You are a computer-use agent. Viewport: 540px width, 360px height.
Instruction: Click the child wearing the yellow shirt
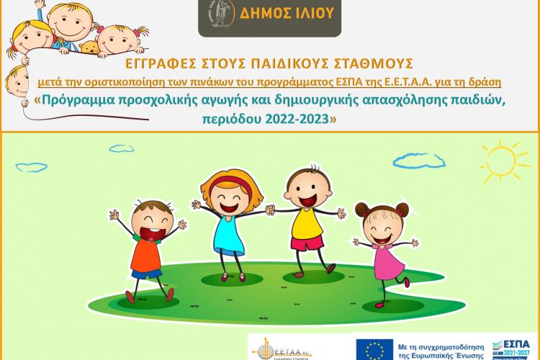[x=306, y=216]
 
